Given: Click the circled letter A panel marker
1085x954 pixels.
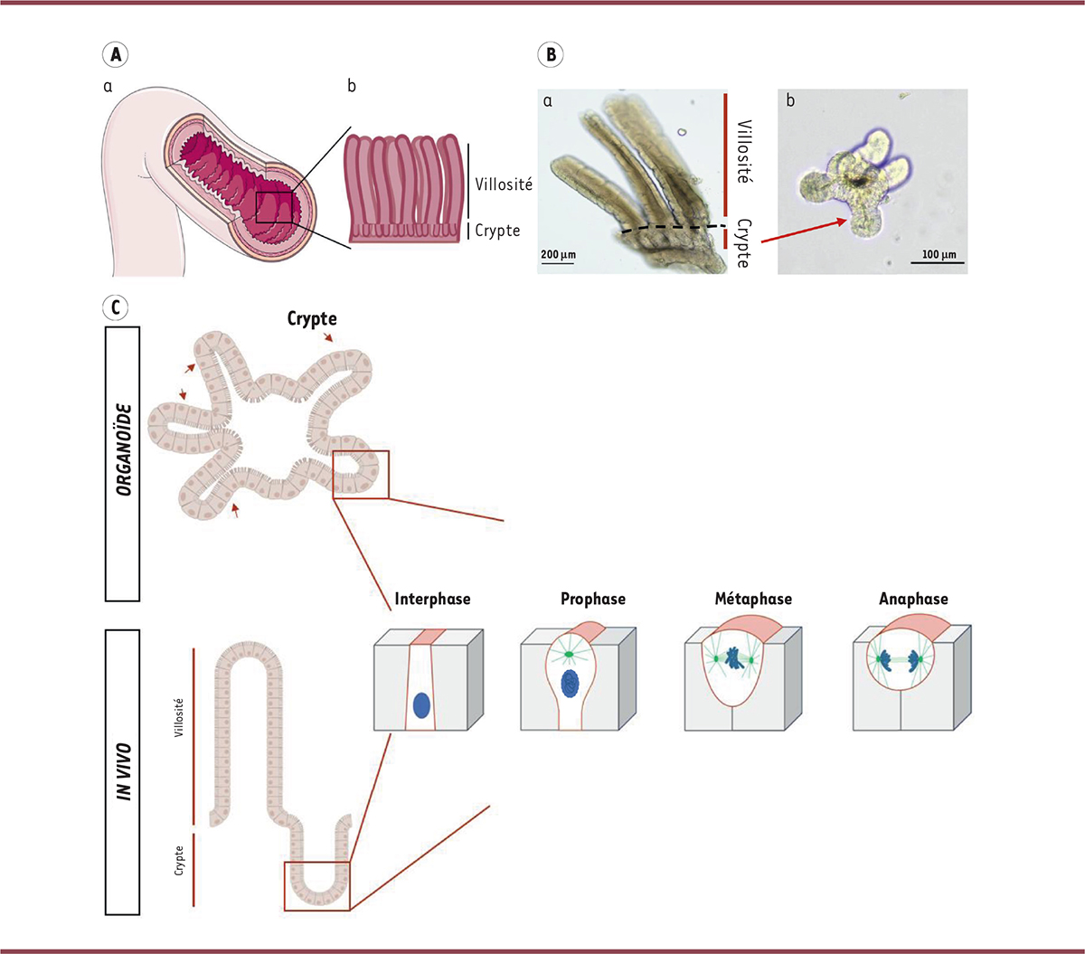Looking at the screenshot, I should pos(115,55).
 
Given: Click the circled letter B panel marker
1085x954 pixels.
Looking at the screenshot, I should pos(550,55).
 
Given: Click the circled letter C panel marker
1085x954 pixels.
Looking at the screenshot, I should pos(115,307).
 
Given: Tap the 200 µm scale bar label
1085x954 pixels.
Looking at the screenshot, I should pos(558,255).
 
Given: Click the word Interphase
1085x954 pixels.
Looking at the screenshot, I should pos(432,600).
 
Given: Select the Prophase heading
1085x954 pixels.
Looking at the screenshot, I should pos(592,600).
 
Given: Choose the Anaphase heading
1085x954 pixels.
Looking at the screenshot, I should pos(913,600).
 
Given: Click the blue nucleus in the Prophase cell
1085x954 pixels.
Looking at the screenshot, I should pos(570,685).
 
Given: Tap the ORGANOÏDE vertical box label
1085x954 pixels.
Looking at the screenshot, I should pos(123,463).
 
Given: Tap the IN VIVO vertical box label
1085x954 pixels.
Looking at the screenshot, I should pos(123,771).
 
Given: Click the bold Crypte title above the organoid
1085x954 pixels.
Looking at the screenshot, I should pos(312,319).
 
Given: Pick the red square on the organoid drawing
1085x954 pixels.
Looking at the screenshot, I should pos(361,474).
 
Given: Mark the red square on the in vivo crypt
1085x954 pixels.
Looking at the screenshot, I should pos(316,886).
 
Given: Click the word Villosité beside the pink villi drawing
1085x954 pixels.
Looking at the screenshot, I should pos(504,184).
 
